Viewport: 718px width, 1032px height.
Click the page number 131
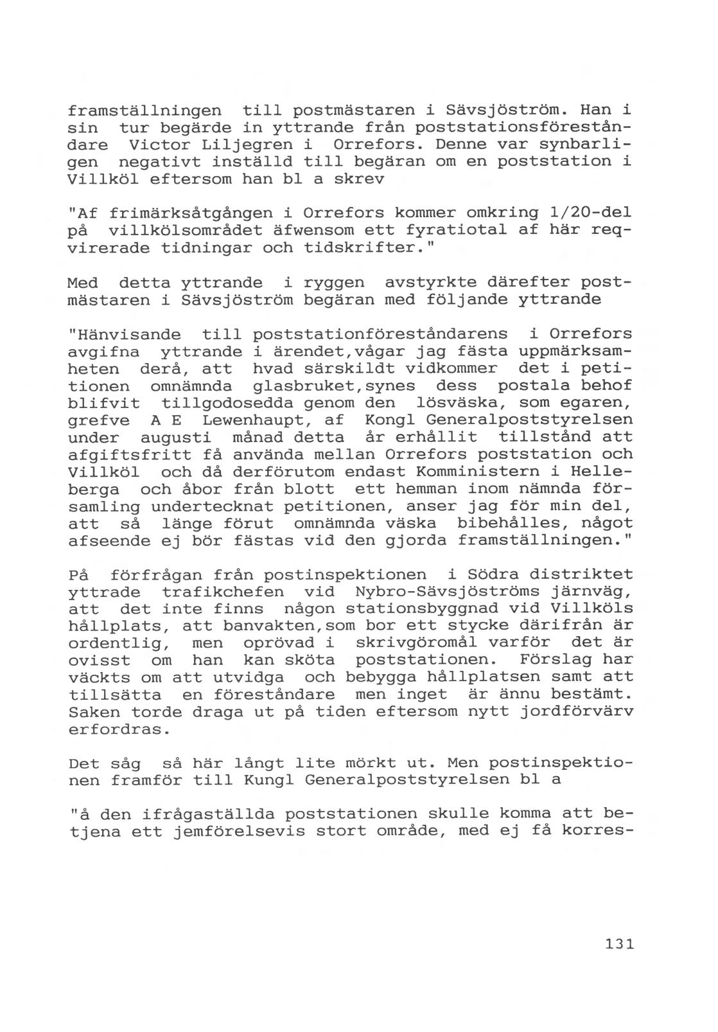click(x=619, y=944)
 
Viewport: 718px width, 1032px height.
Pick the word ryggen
click(x=333, y=283)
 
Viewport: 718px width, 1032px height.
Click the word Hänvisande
click(x=125, y=335)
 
